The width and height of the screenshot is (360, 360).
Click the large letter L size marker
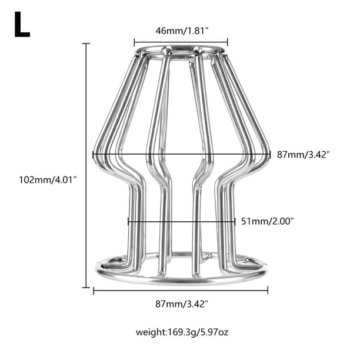(22, 24)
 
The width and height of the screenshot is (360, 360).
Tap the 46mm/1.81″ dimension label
(182, 31)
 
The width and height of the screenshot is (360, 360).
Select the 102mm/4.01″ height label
(48, 179)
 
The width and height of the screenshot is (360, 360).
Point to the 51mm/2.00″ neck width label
(268, 221)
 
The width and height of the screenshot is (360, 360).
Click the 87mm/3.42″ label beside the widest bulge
(304, 155)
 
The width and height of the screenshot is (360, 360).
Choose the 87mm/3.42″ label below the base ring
(182, 304)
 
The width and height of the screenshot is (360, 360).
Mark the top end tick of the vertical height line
(86, 44)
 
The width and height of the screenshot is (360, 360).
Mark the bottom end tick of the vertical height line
(86, 287)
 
